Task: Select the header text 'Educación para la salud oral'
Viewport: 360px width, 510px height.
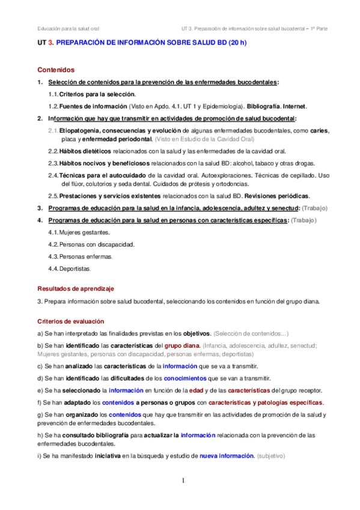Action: click(69, 28)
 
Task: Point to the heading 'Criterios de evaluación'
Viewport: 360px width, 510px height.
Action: click(70, 321)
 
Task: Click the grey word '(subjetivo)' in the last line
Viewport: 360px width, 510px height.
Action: click(271, 456)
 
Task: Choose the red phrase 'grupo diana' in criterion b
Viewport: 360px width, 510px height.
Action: click(182, 345)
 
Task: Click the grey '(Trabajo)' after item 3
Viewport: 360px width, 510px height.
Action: click(314, 208)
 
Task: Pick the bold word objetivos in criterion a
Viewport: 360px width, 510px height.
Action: click(196, 333)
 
